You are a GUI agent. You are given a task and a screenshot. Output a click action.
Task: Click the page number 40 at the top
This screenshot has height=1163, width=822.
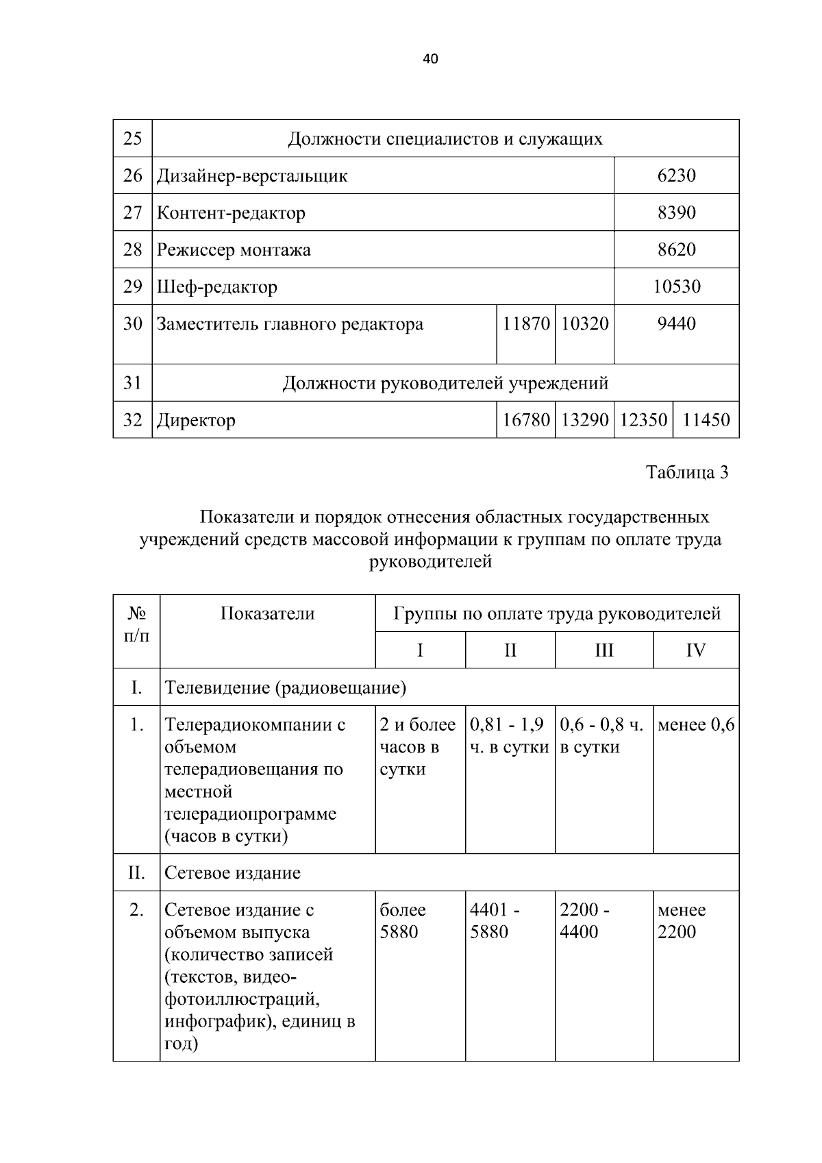430,59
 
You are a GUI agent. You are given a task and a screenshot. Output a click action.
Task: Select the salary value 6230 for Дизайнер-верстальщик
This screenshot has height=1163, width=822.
676,176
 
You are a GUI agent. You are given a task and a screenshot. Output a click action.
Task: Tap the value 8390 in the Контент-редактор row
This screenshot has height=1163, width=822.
676,213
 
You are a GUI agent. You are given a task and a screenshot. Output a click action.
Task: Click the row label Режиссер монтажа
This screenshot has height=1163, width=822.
234,250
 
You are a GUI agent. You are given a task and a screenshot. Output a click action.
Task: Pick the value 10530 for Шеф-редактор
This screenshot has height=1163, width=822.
676,287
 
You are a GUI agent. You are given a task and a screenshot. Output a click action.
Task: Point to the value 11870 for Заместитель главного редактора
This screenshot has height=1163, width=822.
525,324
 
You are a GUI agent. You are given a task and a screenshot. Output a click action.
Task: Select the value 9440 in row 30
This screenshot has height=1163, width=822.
676,324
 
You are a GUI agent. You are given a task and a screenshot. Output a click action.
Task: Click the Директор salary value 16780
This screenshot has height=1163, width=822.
525,420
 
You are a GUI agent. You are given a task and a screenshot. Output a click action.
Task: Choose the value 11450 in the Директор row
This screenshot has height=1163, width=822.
706,420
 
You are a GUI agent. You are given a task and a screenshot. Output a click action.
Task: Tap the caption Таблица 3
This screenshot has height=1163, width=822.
687,473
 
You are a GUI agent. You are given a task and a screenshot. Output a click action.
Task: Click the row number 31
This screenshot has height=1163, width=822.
132,383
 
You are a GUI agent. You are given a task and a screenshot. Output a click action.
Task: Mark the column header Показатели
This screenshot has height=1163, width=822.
267,614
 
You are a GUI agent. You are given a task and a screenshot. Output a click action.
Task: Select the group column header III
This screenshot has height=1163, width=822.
603,650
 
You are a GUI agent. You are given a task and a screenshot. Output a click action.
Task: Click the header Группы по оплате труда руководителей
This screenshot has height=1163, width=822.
557,614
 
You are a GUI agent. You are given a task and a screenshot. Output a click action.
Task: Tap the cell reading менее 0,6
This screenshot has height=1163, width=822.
695,725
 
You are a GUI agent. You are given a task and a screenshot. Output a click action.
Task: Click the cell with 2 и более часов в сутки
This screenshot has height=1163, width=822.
417,747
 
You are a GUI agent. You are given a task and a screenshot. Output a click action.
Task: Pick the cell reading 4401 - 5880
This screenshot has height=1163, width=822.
495,921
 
